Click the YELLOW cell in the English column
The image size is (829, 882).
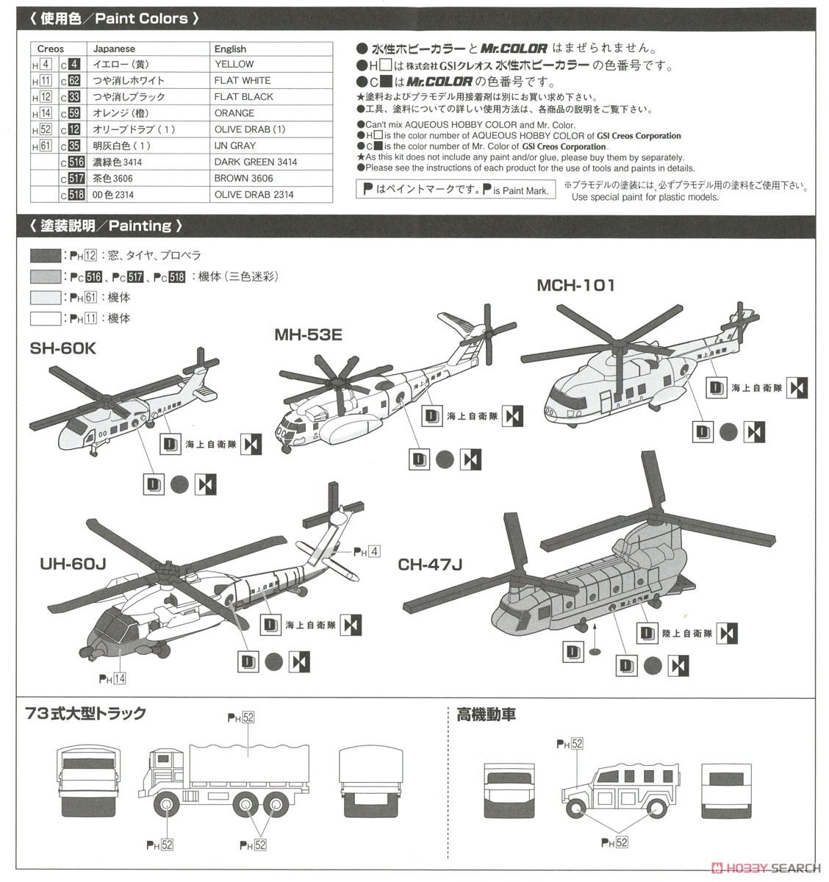(x=234, y=65)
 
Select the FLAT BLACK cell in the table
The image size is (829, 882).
(x=243, y=97)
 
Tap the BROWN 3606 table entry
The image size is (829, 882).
(x=243, y=179)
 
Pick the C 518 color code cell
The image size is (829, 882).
(x=72, y=195)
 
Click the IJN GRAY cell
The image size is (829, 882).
(x=235, y=146)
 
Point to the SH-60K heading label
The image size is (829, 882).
(x=63, y=348)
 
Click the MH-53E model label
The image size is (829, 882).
(x=309, y=335)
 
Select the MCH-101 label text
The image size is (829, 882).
(x=575, y=285)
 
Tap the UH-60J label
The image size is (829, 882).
(x=73, y=564)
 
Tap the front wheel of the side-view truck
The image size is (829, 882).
(x=168, y=808)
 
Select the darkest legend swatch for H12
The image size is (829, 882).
(x=46, y=256)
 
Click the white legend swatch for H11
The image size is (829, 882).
(x=46, y=319)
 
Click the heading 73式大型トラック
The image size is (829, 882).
(x=85, y=714)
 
